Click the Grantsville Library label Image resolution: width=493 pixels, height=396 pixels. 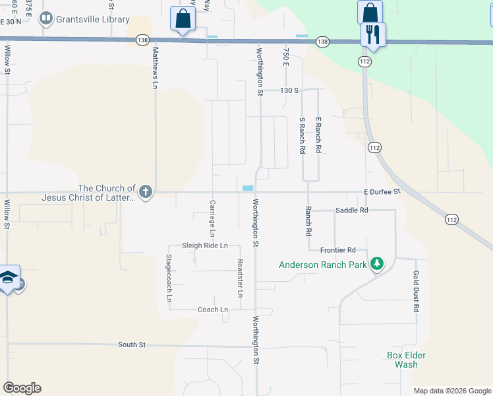[x=92, y=19]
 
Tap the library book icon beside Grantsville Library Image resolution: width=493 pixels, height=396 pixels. [x=46, y=18]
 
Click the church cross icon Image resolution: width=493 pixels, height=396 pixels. [x=146, y=192]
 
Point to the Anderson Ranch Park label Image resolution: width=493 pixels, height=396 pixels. [x=322, y=265]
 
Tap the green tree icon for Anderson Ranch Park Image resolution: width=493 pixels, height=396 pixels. [x=376, y=265]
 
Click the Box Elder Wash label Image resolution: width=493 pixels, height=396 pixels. [x=406, y=360]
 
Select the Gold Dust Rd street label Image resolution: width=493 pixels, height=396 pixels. [x=417, y=290]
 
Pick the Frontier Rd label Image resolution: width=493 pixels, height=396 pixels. [x=337, y=250]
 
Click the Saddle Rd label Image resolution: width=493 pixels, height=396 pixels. [x=351, y=210]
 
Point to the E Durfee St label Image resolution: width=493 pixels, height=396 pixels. [x=382, y=191]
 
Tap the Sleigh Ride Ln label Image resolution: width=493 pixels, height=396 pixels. [x=204, y=246]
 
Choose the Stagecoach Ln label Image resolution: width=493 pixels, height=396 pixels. [x=169, y=278]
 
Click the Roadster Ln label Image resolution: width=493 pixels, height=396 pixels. [x=240, y=277]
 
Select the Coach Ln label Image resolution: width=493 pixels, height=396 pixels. [x=212, y=309]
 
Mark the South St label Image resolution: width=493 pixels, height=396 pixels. [x=132, y=345]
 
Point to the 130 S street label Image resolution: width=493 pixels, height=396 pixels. [x=289, y=90]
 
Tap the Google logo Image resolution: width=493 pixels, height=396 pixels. [x=22, y=388]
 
